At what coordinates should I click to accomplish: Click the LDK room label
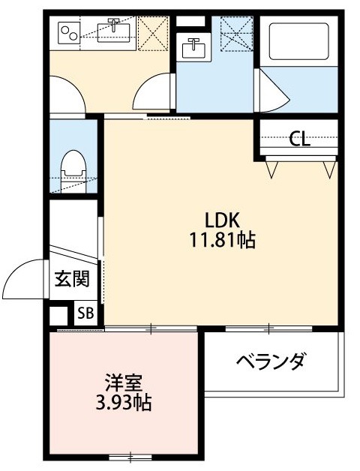(223, 220)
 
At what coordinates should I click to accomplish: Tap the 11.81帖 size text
(223, 240)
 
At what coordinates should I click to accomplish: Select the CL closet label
(300, 139)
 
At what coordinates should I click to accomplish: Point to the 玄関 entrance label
(72, 280)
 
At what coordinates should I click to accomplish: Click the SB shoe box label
(85, 313)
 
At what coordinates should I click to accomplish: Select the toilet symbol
(73, 167)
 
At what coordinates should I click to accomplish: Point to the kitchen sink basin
(113, 32)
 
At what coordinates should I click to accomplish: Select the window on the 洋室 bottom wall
(130, 456)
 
